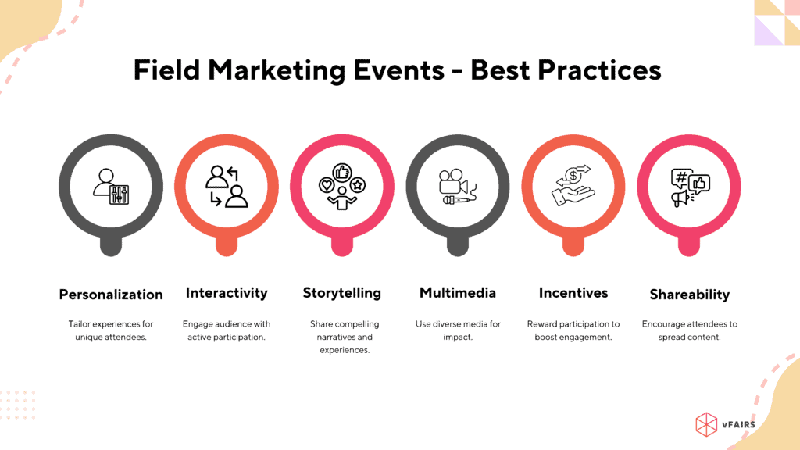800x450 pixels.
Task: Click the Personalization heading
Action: (x=111, y=295)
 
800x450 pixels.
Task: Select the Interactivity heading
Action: (x=227, y=293)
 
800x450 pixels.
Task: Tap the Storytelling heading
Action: (x=342, y=293)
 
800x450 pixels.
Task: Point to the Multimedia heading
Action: (x=458, y=293)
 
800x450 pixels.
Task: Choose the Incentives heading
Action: (x=573, y=293)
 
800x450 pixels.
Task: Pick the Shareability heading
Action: (x=689, y=295)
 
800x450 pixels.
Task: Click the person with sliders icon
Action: (x=111, y=187)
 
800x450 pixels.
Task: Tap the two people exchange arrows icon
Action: (x=227, y=187)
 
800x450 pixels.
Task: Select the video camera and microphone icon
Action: (x=458, y=187)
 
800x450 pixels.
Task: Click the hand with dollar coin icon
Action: (x=573, y=186)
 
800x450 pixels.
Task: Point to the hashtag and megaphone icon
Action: (x=689, y=187)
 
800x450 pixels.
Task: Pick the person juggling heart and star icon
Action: (x=342, y=187)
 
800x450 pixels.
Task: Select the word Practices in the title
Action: (x=595, y=70)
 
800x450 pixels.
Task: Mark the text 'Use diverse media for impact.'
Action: (x=458, y=330)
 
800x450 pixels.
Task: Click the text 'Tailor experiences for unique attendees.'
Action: (x=111, y=330)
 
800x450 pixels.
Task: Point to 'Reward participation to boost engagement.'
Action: (x=573, y=330)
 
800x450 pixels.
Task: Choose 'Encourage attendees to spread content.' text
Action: (x=689, y=330)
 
